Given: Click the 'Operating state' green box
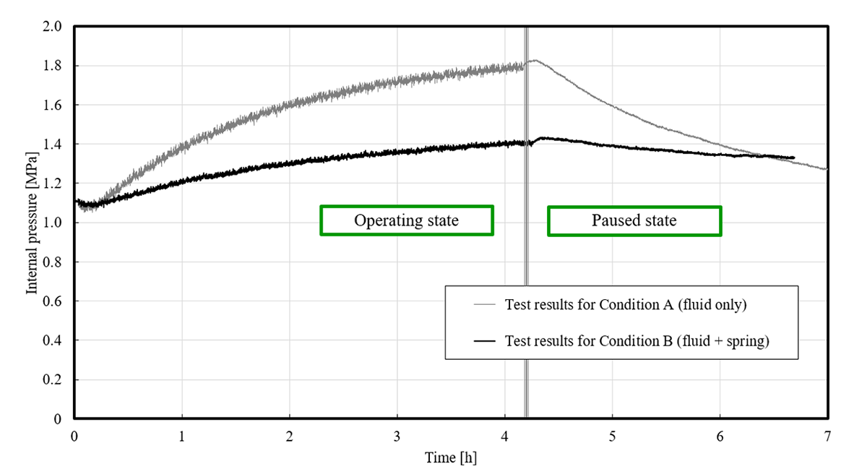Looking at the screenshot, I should point(406,220).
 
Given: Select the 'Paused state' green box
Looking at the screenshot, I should point(634,220).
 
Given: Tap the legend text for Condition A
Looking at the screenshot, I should point(626,305).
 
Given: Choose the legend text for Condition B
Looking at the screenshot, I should point(637,341).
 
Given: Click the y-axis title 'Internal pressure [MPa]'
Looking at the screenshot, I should point(32,222).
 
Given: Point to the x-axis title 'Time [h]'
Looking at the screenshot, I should point(451,457).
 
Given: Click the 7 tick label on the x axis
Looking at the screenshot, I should point(827,436).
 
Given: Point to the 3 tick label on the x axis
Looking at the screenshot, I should point(397,436).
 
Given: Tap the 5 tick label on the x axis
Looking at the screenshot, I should point(612,436).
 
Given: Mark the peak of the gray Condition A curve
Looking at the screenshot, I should point(535,60).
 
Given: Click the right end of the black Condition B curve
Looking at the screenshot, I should point(793,158).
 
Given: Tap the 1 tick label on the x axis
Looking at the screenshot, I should point(182,436).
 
